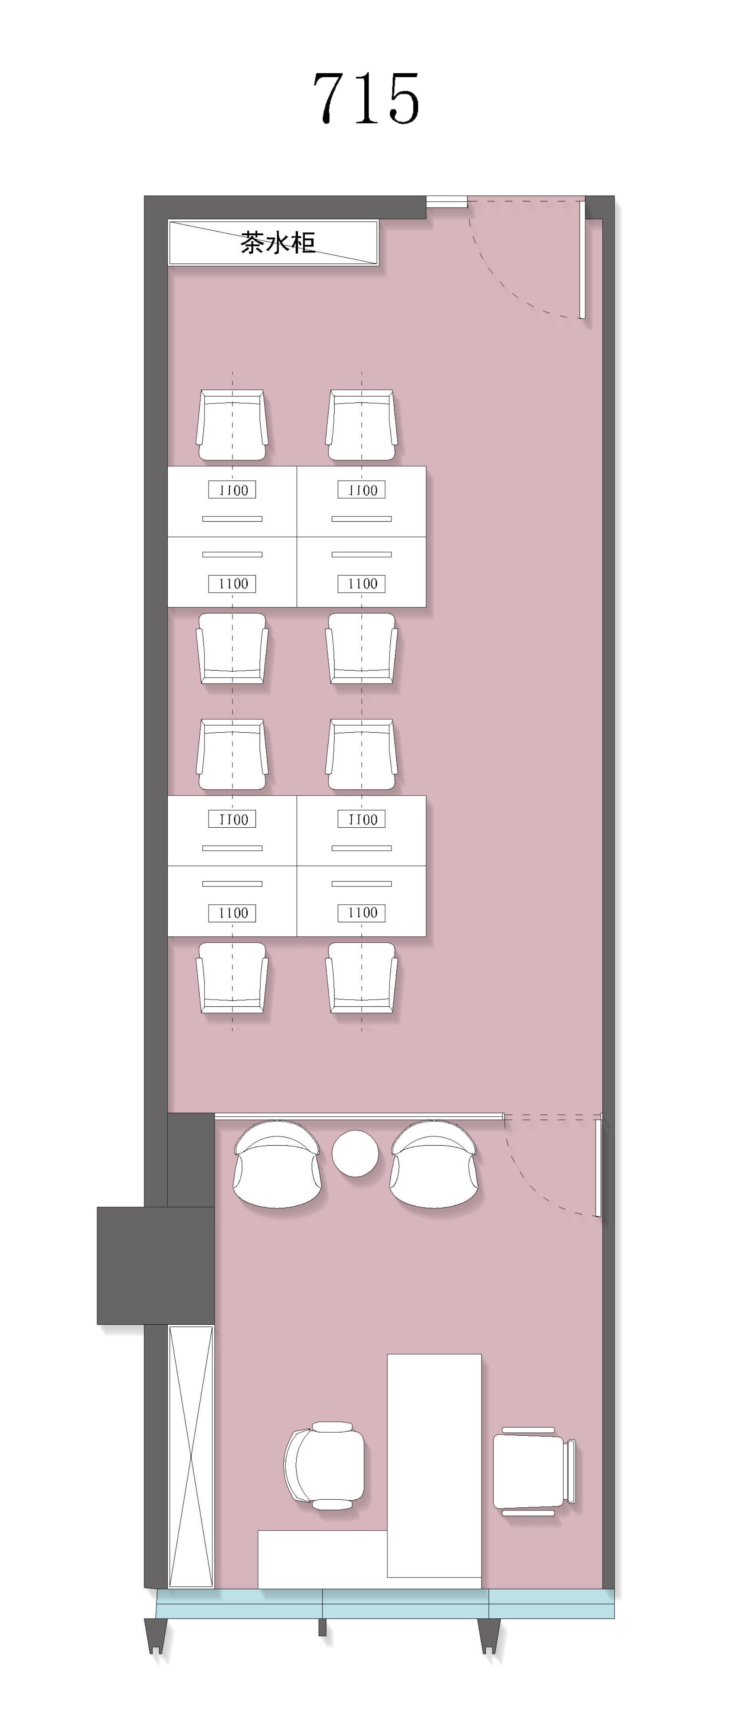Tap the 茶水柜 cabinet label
tap(278, 243)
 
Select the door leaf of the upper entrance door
tap(582, 260)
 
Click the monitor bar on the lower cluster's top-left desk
tap(232, 848)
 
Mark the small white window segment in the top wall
tap(446, 201)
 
